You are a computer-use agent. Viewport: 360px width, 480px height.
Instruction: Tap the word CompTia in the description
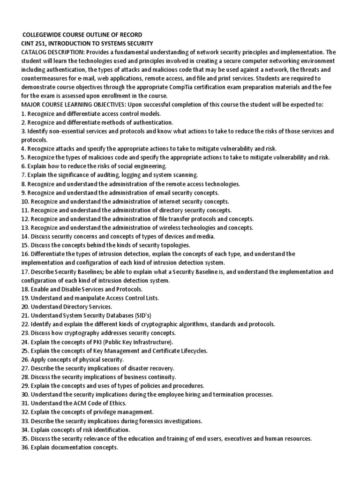(180, 87)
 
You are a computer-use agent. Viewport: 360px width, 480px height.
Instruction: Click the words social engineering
(144, 166)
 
